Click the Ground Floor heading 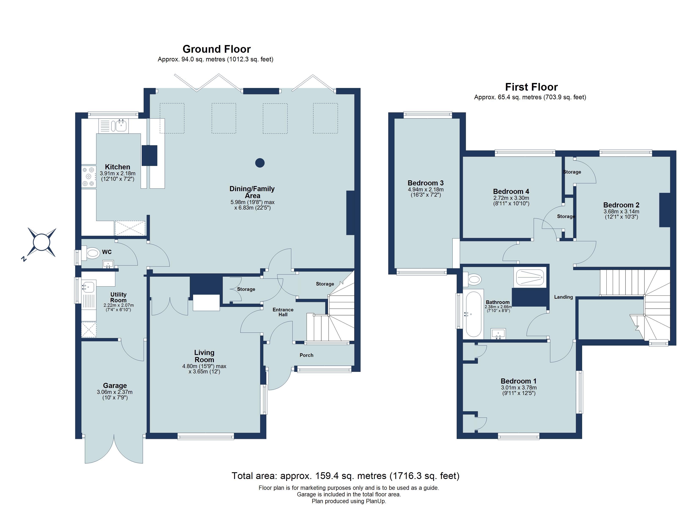[x=217, y=49]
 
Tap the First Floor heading [x=532, y=87]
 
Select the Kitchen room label [x=118, y=167]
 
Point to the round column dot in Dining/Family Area [x=260, y=163]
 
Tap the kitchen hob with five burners [x=89, y=177]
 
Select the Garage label [x=115, y=385]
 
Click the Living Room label [x=204, y=356]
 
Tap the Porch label [x=306, y=355]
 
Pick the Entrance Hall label [x=283, y=312]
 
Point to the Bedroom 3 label [x=426, y=183]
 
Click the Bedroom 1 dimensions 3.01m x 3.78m [x=519, y=388]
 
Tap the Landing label [x=563, y=297]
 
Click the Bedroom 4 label [x=511, y=191]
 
